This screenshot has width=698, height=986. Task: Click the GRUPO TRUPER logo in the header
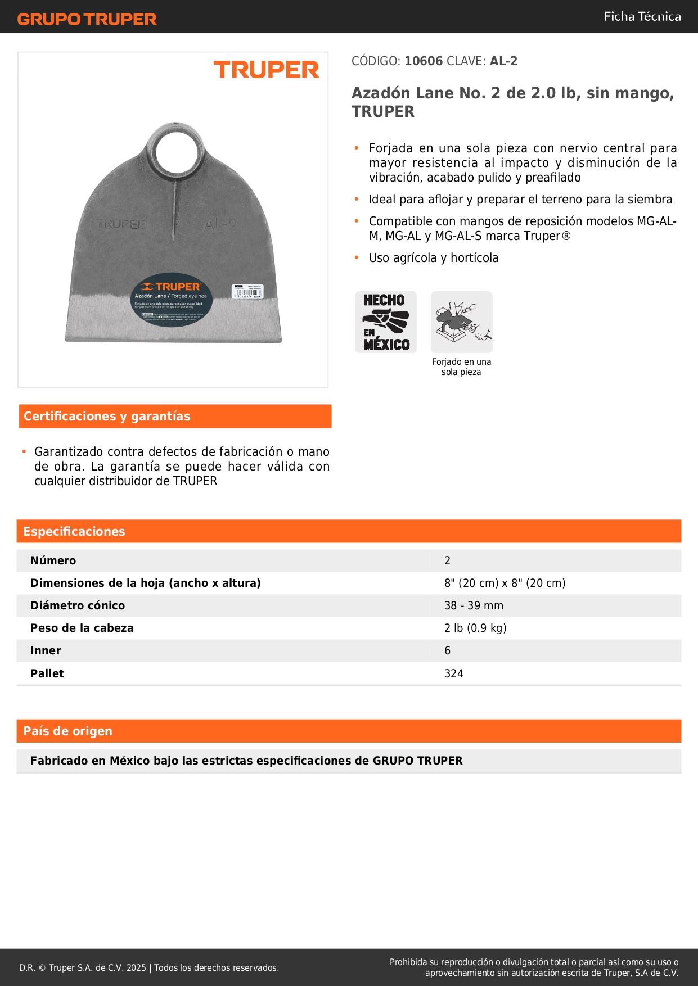pos(87,19)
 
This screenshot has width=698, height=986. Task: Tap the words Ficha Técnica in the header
pos(642,16)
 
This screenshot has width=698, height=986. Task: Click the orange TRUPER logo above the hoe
pos(266,70)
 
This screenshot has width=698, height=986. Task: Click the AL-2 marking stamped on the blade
pos(220,225)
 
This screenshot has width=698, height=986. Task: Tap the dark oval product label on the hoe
pos(171,300)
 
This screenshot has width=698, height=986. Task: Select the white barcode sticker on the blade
pos(247,291)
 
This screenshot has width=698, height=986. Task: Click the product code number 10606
pos(424,61)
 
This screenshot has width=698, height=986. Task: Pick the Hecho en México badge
pos(385,322)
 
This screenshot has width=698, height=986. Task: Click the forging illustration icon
pos(461,322)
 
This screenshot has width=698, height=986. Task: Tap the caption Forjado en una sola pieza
pos(461,367)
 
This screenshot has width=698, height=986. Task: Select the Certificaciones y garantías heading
pos(107,416)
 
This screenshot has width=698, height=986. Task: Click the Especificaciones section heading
pos(74,531)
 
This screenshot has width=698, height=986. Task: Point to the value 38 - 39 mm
pos(474,605)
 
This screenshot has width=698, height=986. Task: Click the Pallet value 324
pos(453,673)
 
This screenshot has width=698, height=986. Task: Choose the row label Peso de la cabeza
pos(82,628)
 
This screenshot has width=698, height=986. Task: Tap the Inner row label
pos(46,650)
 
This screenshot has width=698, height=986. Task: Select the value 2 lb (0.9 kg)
pos(475,628)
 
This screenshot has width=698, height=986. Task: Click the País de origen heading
pos(67,731)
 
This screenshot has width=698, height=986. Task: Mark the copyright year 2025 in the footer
pos(136,967)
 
